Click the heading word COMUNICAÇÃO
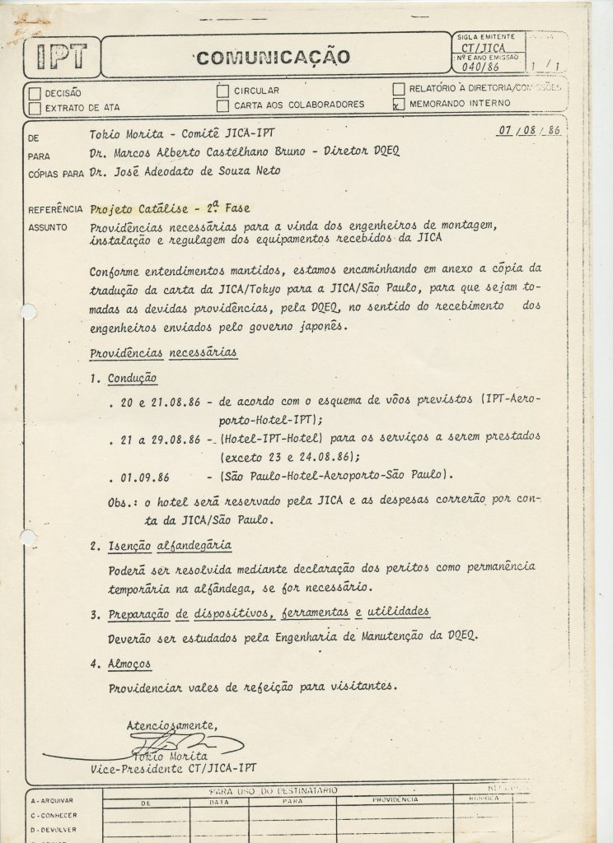(x=274, y=57)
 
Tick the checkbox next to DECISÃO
(x=35, y=93)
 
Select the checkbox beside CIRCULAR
(x=222, y=91)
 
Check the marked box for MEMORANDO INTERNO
(x=399, y=104)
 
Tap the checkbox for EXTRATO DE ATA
(x=35, y=107)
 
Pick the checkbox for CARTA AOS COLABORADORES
(x=222, y=105)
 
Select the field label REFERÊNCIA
(x=54, y=210)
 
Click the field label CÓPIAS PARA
(x=55, y=174)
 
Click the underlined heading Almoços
(x=129, y=664)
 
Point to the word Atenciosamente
(x=171, y=725)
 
